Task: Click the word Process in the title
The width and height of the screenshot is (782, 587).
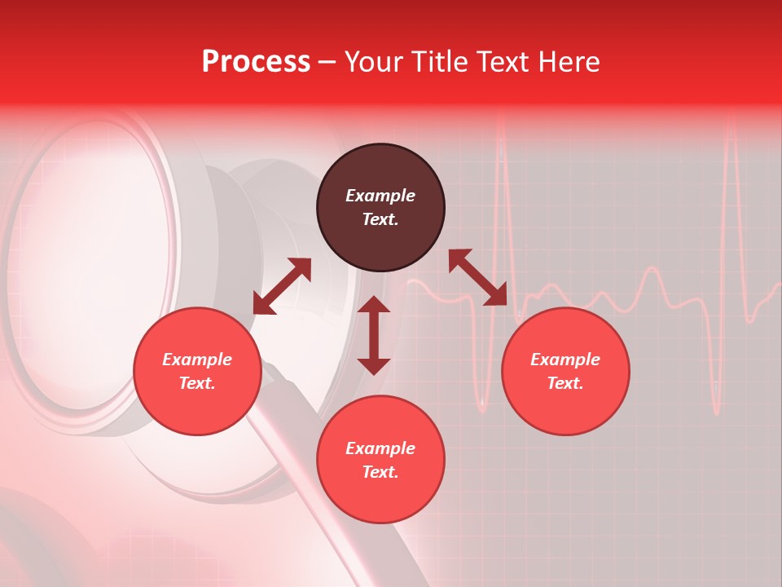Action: click(x=256, y=62)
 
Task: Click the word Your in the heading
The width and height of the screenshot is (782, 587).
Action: click(x=376, y=62)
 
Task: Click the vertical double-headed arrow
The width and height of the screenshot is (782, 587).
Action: click(x=374, y=335)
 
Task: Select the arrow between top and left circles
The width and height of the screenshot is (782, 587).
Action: click(x=282, y=286)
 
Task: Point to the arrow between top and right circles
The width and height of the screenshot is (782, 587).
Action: click(x=477, y=278)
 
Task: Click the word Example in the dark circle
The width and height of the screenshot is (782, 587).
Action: click(x=380, y=196)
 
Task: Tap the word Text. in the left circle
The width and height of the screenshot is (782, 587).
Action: click(x=197, y=383)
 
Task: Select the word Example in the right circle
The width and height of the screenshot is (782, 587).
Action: click(x=565, y=360)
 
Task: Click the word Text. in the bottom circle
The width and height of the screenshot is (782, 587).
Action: click(x=380, y=472)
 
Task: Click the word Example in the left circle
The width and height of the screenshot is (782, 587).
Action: click(x=197, y=360)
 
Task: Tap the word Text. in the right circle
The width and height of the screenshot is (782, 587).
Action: click(x=565, y=383)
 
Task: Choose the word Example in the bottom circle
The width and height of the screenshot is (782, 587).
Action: click(x=380, y=448)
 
